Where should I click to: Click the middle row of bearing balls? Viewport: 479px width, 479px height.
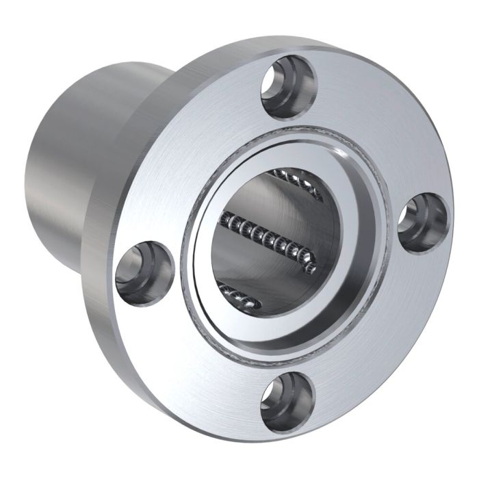(267, 240)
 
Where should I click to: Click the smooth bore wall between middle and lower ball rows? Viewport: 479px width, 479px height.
(253, 270)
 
